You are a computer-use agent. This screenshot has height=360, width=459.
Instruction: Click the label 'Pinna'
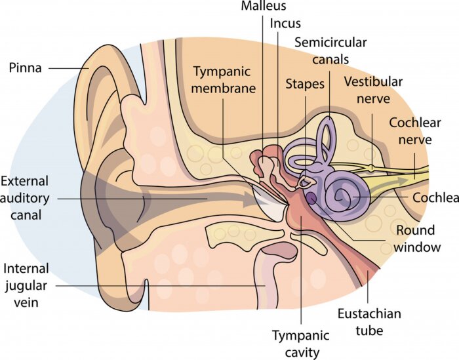click(25, 67)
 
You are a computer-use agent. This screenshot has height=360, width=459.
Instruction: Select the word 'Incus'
click(285, 24)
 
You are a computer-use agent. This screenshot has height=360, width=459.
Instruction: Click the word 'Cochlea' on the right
click(435, 197)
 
